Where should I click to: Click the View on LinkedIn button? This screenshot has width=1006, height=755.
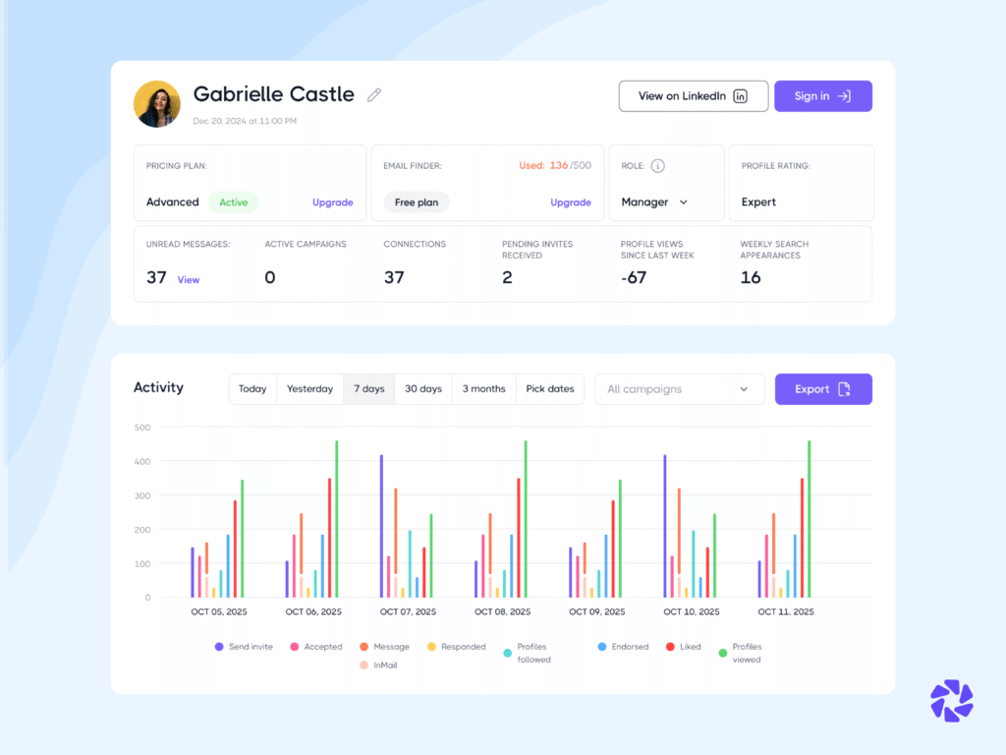point(693,96)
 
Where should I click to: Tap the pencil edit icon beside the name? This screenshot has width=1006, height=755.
point(373,95)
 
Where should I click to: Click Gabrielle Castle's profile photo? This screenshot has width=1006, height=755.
point(157,104)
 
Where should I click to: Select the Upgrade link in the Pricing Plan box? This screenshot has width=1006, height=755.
point(332,203)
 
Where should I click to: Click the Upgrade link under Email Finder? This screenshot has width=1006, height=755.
point(570,203)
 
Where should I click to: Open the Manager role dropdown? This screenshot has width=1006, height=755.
point(654,203)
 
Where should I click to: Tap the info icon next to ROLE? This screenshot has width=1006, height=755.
point(658,166)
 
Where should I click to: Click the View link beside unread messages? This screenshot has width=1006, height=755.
point(189,280)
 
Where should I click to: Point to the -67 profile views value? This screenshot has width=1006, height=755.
point(634,278)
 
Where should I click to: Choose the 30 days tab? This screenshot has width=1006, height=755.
point(423,389)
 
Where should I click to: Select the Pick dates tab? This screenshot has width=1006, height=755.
point(549,389)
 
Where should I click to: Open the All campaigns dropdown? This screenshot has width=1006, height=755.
point(679,389)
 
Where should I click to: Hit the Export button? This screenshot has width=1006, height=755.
point(822,389)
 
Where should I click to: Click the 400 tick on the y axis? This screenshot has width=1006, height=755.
point(142,461)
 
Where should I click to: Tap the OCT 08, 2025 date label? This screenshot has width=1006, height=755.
point(502,611)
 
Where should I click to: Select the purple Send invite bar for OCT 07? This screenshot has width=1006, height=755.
point(381,526)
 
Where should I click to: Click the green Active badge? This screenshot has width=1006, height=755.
point(234,203)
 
